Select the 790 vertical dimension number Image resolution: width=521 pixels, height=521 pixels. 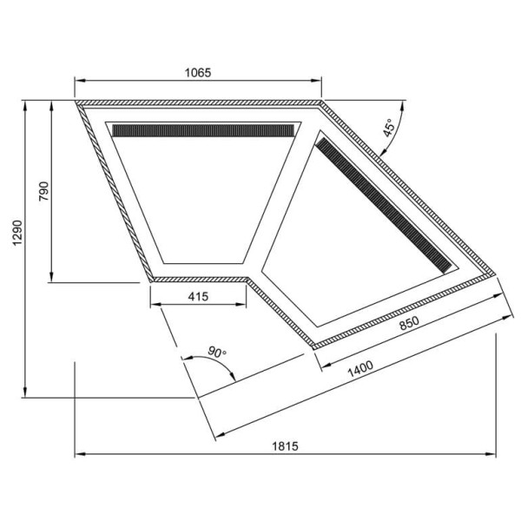(x=41, y=192)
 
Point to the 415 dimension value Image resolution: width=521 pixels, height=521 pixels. (x=199, y=297)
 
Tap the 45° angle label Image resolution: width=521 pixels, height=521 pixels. (x=389, y=129)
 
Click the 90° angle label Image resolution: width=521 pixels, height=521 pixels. (x=216, y=352)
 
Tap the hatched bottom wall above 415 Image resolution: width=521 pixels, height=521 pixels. (x=199, y=279)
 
